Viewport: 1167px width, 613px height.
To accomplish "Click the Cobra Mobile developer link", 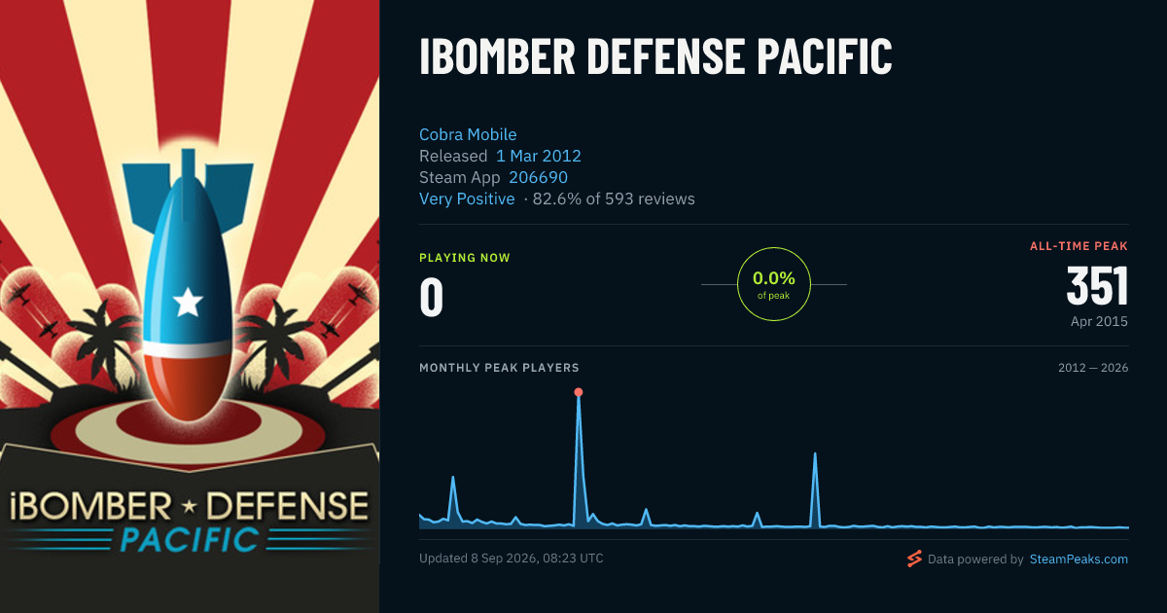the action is [x=468, y=134].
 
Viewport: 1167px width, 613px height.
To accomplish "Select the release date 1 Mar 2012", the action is [x=538, y=156].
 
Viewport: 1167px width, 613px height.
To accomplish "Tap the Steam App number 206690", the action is [x=538, y=177].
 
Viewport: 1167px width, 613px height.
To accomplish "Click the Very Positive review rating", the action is [x=467, y=198].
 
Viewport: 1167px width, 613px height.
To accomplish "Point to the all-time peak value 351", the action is [x=1097, y=286].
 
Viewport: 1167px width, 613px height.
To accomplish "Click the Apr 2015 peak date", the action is [x=1099, y=321].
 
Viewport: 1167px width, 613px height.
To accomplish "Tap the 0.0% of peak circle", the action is [x=774, y=248].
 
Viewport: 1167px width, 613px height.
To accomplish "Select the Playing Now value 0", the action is [x=432, y=297].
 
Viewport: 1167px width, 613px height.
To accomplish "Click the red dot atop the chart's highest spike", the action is [x=579, y=392].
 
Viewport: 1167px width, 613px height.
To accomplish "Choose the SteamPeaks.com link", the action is [x=1079, y=559].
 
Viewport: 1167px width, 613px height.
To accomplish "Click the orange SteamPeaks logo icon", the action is [x=914, y=559].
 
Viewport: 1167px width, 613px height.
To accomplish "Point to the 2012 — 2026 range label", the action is [x=1093, y=368].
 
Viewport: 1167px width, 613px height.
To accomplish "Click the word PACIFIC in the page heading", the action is [x=825, y=55].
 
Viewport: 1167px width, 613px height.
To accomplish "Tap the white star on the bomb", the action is [x=188, y=302].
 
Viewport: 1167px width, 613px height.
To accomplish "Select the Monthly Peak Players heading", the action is [x=499, y=368].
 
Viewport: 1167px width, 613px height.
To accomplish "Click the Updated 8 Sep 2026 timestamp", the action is [x=512, y=559].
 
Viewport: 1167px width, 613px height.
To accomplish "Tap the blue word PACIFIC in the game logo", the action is [x=190, y=539].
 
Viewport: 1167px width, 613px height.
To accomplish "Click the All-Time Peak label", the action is [x=1079, y=246].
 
